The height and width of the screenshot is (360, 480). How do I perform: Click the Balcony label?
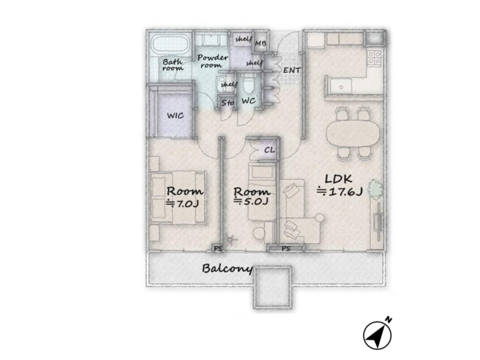(x=227, y=269)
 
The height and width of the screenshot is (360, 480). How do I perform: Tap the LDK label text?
(x=338, y=179)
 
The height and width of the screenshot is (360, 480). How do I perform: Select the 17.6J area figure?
(x=340, y=191)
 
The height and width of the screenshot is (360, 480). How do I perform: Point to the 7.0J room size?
(x=183, y=203)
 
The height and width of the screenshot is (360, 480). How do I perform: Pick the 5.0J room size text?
(x=251, y=201)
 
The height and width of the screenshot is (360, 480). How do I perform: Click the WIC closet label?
(x=175, y=116)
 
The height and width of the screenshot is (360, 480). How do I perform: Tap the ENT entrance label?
(x=292, y=70)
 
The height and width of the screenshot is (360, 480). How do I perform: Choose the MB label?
(x=260, y=43)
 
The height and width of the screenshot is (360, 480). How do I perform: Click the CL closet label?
(x=269, y=150)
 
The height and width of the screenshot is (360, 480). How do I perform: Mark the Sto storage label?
(x=227, y=103)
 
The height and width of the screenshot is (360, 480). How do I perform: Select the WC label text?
(x=248, y=101)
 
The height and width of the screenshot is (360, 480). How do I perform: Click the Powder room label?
(x=212, y=61)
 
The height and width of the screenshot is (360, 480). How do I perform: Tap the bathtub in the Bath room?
(x=169, y=46)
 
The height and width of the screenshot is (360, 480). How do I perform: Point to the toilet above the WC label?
(x=247, y=85)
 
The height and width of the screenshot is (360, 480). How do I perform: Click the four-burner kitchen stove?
(x=374, y=58)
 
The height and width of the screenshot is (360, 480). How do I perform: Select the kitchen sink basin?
(x=341, y=86)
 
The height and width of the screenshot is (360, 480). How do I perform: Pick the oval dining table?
(x=353, y=133)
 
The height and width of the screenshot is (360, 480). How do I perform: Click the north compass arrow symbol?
(x=378, y=334)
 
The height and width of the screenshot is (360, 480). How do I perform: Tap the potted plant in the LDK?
(x=376, y=188)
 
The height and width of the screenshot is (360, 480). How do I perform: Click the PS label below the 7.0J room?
(x=218, y=249)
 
